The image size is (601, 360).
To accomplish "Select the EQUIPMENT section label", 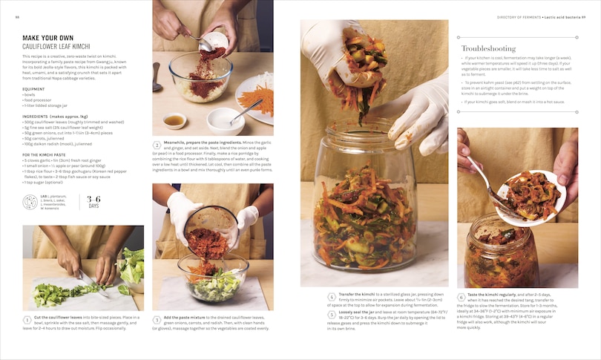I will click(x=33, y=88).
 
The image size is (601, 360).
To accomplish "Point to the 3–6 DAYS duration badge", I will click(x=93, y=202).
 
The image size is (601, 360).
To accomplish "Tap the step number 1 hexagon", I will click(x=27, y=319).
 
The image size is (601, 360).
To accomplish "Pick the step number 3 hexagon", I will click(x=157, y=319).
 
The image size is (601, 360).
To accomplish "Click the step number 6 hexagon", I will click(x=461, y=297).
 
